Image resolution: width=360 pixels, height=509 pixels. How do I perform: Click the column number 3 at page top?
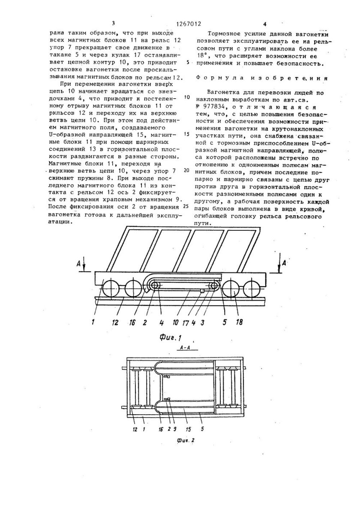coord(113,24)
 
